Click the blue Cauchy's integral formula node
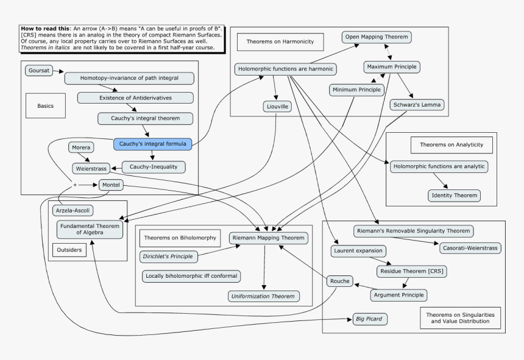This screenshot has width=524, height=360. click(x=153, y=144)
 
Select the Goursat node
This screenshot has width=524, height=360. click(x=38, y=71)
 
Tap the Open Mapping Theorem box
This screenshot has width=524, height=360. click(x=377, y=37)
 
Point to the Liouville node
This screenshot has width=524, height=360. click(x=276, y=107)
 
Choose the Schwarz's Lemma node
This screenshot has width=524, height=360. click(x=417, y=105)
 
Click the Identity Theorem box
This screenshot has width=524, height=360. click(x=454, y=196)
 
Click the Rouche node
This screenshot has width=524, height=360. click(x=339, y=281)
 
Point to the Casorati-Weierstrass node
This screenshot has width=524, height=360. click(x=470, y=248)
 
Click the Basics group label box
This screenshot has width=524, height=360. click(x=46, y=105)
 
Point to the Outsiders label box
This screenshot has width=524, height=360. click(x=68, y=250)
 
